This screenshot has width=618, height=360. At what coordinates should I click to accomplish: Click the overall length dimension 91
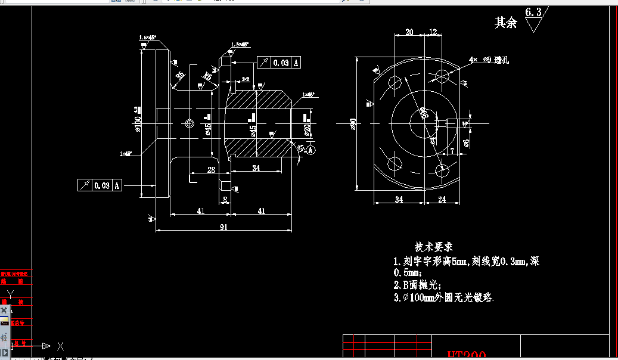tap(223, 226)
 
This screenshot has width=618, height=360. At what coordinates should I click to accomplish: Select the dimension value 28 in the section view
tap(211, 170)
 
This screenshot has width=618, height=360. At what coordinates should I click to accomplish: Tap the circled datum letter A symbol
tap(310, 151)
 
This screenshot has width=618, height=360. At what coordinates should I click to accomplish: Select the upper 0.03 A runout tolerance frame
tap(279, 63)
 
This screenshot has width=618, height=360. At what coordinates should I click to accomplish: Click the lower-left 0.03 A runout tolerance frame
tap(100, 185)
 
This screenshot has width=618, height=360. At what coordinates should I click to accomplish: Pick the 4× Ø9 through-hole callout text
tap(488, 60)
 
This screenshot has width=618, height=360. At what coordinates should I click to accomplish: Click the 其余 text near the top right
tap(506, 23)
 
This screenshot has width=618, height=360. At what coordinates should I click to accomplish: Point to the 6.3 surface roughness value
tap(533, 12)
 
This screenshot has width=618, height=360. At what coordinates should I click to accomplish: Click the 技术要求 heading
tap(434, 247)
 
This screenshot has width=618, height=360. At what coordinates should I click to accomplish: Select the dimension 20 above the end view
tap(409, 32)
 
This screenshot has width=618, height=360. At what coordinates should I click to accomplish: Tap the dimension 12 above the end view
tap(433, 32)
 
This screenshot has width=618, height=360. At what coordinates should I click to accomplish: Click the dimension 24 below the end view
tap(442, 199)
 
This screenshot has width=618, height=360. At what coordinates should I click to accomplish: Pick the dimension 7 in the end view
tap(452, 151)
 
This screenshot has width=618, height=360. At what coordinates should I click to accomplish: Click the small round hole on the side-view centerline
tap(190, 123)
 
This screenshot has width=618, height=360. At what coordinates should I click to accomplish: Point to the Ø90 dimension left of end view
tap(352, 124)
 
